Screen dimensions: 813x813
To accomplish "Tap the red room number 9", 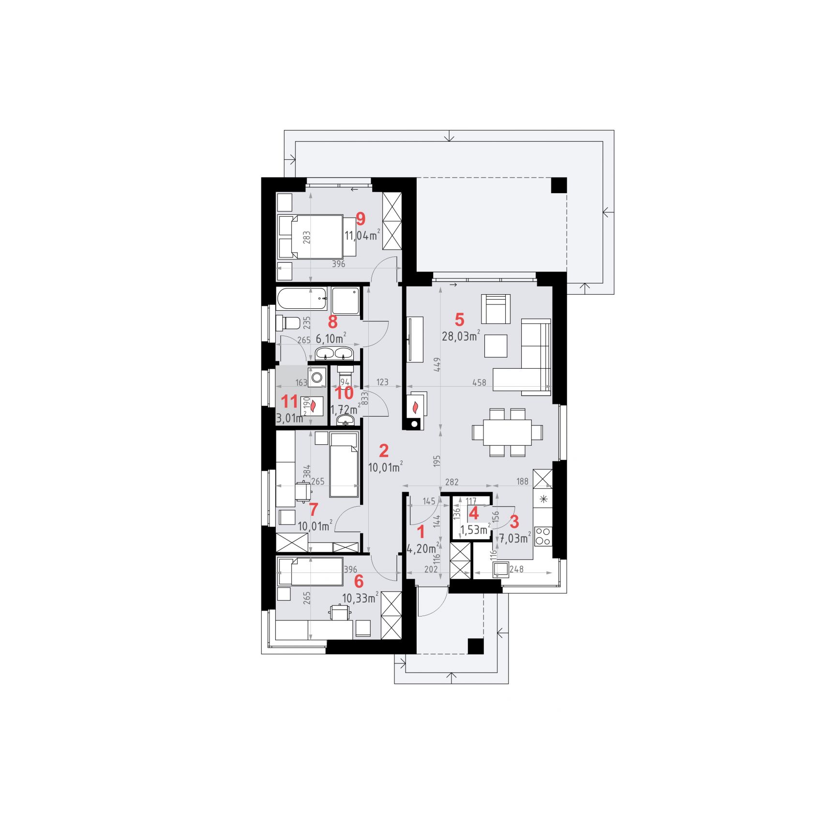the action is (361, 219).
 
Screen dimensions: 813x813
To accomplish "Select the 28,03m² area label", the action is (461, 336).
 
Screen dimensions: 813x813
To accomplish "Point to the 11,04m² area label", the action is (362, 236).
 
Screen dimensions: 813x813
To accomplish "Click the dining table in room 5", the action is (507, 432).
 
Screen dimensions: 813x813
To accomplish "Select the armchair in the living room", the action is (496, 309).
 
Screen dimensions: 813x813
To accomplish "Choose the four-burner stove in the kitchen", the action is (543, 537).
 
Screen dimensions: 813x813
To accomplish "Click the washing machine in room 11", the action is (318, 377).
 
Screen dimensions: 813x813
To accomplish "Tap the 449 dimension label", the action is (437, 364).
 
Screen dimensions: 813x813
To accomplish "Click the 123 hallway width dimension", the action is (382, 382).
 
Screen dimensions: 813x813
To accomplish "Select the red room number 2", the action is (384, 451).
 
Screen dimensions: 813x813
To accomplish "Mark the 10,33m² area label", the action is (360, 598).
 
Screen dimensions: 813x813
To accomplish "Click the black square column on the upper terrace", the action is (559, 186).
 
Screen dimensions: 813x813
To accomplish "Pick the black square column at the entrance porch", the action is (476, 646).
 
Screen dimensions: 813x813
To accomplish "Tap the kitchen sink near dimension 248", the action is (501, 570).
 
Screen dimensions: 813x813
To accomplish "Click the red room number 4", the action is (474, 513).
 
